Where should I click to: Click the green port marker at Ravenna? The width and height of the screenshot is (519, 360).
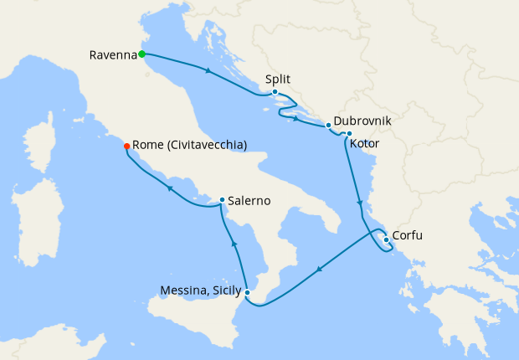pyautogui.click(x=142, y=54)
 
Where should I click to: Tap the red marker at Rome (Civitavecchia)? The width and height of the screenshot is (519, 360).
pyautogui.click(x=126, y=146)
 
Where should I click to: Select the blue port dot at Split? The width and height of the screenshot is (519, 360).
pyautogui.click(x=275, y=92)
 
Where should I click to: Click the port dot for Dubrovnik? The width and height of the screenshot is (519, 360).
pyautogui.click(x=328, y=126)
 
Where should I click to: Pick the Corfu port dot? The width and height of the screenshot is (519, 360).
pyautogui.click(x=386, y=240)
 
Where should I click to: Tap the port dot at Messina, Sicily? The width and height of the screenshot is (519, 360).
pyautogui.click(x=248, y=292)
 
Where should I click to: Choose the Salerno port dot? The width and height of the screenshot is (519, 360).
pyautogui.click(x=221, y=200)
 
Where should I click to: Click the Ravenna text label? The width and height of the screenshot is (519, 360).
pyautogui.click(x=112, y=55)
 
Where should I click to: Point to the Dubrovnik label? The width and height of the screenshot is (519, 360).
pyautogui.click(x=362, y=121)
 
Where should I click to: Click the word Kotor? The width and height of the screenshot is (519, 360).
pyautogui.click(x=365, y=145)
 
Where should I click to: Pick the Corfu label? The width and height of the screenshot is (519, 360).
pyautogui.click(x=407, y=236)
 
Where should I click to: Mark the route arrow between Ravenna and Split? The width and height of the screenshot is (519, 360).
pyautogui.click(x=207, y=69)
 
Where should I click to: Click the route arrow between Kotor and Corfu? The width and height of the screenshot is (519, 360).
pyautogui.click(x=359, y=203)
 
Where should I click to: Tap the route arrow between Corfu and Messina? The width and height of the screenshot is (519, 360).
pyautogui.click(x=319, y=270)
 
